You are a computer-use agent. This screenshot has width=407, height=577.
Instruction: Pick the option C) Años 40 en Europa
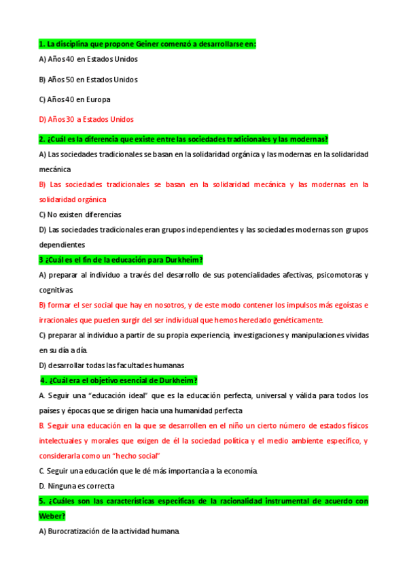click(x=75, y=99)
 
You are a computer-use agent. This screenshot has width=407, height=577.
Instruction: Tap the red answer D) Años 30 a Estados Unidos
click(x=86, y=119)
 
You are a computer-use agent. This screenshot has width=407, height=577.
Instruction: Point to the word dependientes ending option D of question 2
click(x=62, y=244)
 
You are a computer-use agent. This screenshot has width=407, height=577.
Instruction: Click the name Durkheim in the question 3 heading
click(x=179, y=260)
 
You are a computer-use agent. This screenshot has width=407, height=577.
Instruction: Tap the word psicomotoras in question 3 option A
click(x=334, y=275)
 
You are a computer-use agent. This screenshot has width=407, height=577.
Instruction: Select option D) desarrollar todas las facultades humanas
click(x=111, y=365)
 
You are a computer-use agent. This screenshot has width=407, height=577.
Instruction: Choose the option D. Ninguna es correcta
click(x=77, y=486)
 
